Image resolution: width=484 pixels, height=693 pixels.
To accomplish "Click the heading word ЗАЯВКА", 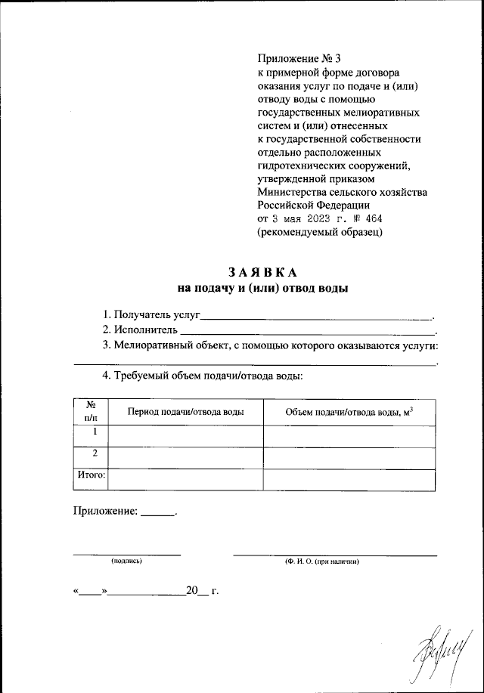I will click(x=263, y=273).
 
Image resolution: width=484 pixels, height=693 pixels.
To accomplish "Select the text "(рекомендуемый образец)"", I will click(x=320, y=233).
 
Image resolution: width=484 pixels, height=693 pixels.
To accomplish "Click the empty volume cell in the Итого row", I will click(x=349, y=479).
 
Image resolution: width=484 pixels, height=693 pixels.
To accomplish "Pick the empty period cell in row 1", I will click(x=185, y=436).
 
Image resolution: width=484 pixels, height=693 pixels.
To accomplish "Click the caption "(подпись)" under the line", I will click(x=126, y=562).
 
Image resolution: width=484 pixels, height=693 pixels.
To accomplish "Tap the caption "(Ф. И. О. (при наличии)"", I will click(x=321, y=562).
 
